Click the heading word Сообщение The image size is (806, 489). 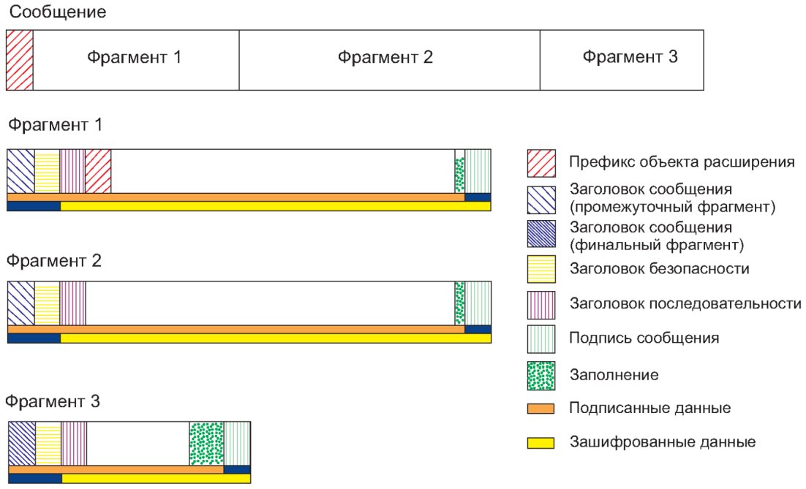coord(56,12)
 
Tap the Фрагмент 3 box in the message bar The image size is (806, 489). coord(622,59)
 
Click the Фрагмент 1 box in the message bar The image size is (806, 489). coord(135,59)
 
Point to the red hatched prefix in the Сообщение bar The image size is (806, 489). coord(20,59)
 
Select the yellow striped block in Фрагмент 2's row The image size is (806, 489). coord(47,303)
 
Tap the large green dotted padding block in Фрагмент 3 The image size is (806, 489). coord(206,443)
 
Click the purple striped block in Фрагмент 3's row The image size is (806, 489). coord(74,443)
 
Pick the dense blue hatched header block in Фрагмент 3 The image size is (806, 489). coord(22,443)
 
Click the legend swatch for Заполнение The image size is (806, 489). coord(541,375)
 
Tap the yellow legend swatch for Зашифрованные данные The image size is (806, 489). coord(541,442)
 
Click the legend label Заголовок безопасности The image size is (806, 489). coord(659,269)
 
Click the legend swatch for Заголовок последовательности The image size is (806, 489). coord(541,304)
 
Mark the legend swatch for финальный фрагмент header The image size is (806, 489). coord(541,234)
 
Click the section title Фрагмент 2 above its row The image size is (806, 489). coord(55,260)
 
